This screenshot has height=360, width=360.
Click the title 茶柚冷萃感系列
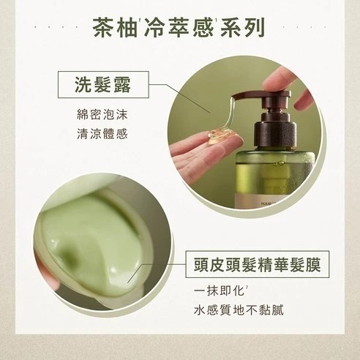(x=179, y=28)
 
